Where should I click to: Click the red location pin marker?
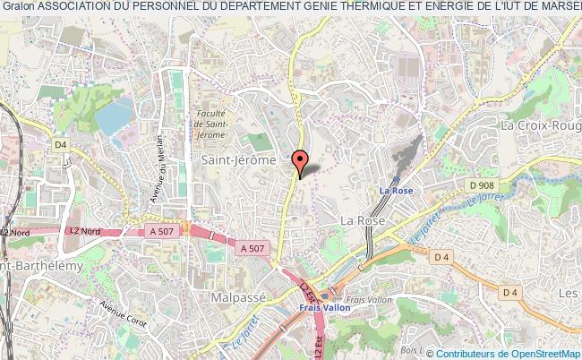click(x=301, y=161)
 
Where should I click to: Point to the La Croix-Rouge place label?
click(x=540, y=126)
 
